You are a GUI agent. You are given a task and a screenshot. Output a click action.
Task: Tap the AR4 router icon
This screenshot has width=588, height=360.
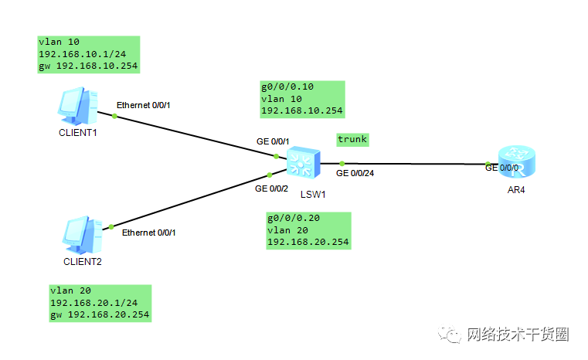[x=516, y=163]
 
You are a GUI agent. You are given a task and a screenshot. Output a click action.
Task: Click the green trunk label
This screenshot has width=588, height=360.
[x=352, y=140]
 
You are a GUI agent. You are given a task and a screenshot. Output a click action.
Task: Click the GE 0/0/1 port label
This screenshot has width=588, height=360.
[x=273, y=142]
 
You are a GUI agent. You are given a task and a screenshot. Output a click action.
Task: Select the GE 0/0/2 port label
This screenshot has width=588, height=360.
[x=271, y=188]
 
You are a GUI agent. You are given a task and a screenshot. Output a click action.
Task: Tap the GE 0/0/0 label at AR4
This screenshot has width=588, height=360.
[x=502, y=167]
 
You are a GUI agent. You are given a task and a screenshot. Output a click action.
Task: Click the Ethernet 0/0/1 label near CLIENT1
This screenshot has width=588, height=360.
[x=143, y=104]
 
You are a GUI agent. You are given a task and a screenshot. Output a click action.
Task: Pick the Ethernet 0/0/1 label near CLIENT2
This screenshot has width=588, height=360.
[x=153, y=232]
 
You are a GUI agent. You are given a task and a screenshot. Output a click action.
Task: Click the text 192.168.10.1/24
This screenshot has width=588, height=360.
[x=83, y=55]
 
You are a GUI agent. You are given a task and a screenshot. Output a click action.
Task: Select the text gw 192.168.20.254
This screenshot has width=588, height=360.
[x=100, y=314]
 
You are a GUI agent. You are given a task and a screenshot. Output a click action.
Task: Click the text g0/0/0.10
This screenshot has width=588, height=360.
[x=287, y=87]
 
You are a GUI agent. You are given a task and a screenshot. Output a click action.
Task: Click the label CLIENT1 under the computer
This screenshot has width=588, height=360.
[x=79, y=132]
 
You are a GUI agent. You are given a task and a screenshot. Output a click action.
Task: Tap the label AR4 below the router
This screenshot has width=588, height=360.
[x=516, y=190]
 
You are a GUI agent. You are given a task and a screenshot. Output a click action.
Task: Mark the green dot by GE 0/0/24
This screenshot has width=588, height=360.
[x=342, y=164]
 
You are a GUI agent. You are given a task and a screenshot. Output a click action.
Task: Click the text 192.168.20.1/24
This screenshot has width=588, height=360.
[x=94, y=303]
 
